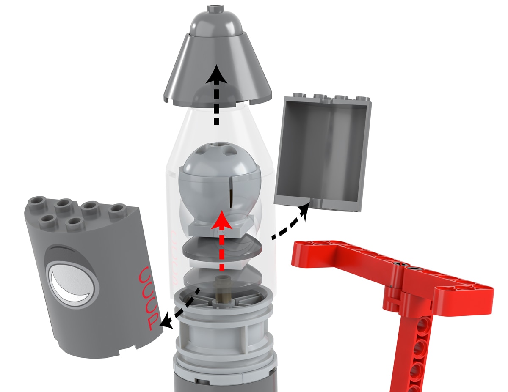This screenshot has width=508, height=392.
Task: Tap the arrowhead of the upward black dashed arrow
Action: (216, 74)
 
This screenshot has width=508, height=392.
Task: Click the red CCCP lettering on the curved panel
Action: (149, 299)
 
